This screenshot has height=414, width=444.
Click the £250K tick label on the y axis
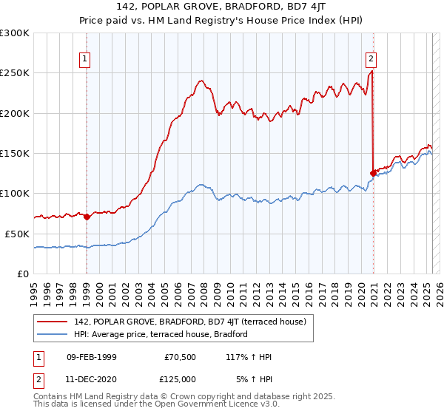click(15, 73)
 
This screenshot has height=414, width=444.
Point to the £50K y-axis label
click(18, 234)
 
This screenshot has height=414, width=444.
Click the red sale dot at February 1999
click(87, 217)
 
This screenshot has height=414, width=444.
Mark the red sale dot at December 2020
click(372, 173)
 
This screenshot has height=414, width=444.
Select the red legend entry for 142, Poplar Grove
click(186, 322)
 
